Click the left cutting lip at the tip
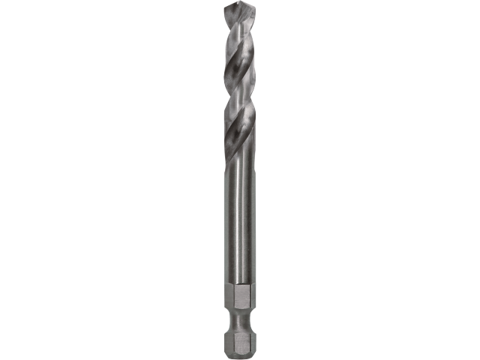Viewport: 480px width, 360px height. [228, 14]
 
